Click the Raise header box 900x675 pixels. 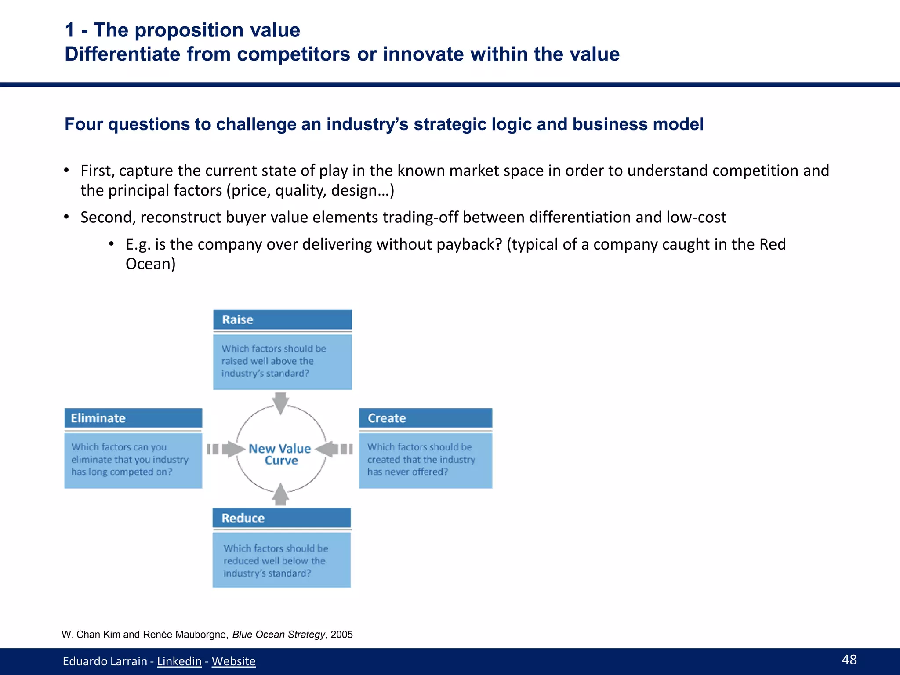tap(282, 319)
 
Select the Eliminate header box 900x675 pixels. tap(133, 418)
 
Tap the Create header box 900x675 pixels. tap(425, 418)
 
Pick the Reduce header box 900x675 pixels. tap(281, 518)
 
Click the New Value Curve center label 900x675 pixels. tap(280, 454)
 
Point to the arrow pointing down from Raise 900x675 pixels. tap(280, 403)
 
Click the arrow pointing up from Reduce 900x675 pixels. tap(280, 495)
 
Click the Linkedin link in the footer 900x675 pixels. tap(179, 661)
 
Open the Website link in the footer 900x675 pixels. tap(233, 661)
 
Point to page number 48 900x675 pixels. tap(849, 660)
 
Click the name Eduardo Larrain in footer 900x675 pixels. tap(105, 661)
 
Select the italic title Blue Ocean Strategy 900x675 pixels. tap(278, 635)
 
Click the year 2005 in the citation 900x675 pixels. tap(342, 635)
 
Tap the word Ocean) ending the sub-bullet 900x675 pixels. tap(150, 264)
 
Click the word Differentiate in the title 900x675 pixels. tap(122, 54)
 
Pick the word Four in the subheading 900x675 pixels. tap(83, 124)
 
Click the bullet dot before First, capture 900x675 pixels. tap(66, 171)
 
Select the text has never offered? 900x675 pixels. tap(407, 472)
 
